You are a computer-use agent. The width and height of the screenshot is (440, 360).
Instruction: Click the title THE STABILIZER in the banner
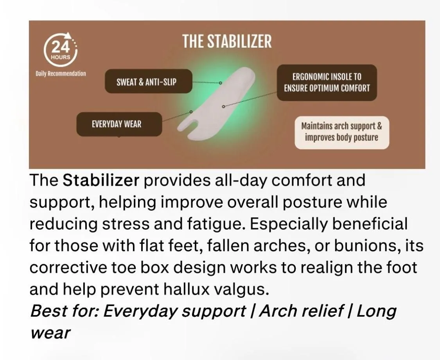227,41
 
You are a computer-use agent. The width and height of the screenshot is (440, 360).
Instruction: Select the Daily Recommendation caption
61,74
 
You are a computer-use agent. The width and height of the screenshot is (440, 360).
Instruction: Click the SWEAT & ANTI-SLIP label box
149,81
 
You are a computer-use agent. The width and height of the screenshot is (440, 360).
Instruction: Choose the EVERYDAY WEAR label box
119,124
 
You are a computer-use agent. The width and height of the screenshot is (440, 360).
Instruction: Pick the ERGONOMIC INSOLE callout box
327,82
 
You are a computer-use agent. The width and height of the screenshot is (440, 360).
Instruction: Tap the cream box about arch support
342,133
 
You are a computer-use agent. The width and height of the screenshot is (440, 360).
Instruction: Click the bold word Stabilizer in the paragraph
101,180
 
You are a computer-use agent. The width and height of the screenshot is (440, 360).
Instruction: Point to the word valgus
242,290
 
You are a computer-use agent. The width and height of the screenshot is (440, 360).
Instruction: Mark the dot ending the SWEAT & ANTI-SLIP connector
220,83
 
